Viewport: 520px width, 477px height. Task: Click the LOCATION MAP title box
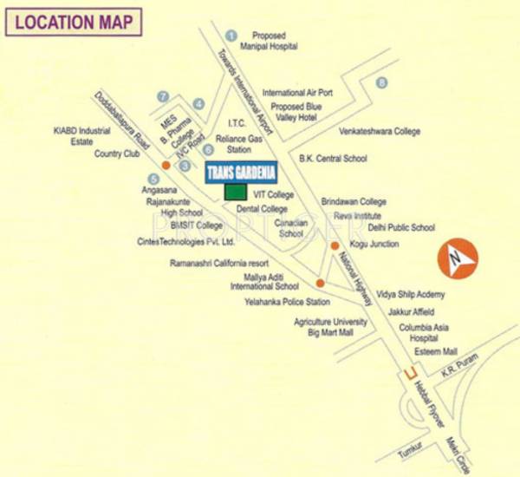(74, 22)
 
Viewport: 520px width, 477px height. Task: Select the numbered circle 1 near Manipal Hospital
(231, 35)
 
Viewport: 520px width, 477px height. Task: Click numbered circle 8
(381, 82)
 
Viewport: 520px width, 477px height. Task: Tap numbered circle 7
(162, 96)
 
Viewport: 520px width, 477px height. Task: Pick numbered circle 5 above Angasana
(153, 179)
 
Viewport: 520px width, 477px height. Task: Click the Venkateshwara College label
(379, 131)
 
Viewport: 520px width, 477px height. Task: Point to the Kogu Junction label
(374, 245)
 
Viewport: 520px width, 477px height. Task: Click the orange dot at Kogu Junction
(335, 245)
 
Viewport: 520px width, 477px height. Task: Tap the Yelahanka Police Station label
(288, 302)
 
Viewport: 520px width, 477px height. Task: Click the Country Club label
(117, 154)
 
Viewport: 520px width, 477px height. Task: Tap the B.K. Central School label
(333, 159)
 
